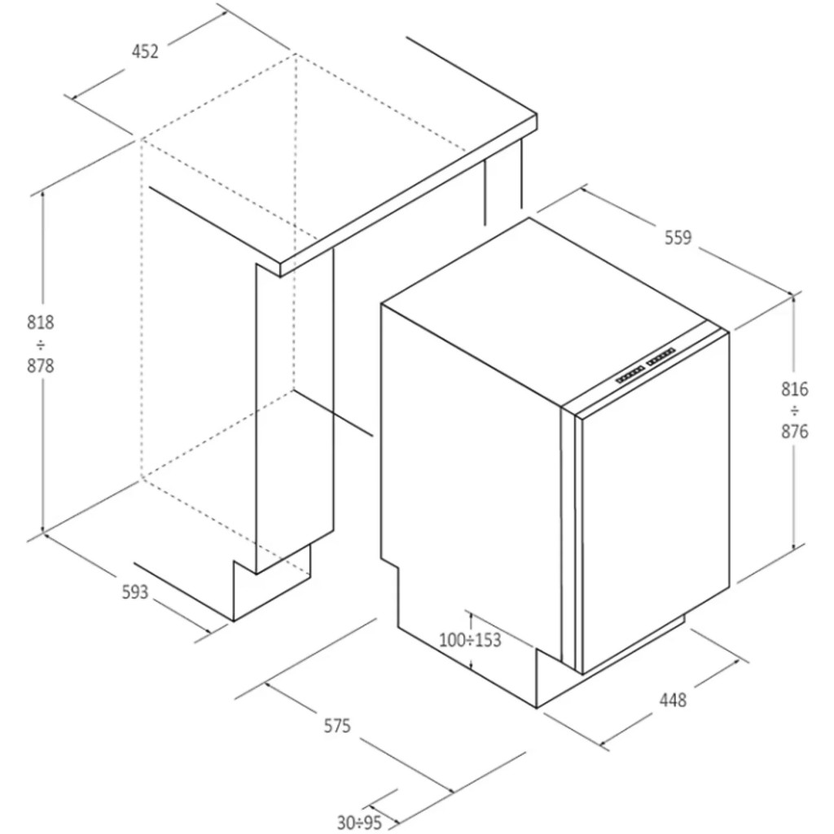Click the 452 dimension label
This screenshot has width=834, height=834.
(145, 51)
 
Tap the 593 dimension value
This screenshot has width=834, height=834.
(135, 592)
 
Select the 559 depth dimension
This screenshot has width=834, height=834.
(678, 237)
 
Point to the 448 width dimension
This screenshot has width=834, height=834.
(673, 700)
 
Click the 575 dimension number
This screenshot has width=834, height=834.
(338, 726)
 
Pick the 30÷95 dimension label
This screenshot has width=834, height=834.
(359, 823)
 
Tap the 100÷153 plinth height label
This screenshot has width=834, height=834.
(470, 639)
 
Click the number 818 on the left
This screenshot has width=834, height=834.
(41, 323)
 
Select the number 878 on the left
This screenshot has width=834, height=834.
(41, 366)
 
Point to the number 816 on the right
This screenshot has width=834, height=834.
(795, 389)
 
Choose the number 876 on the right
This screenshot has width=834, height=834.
(795, 432)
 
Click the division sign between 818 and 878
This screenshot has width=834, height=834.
(41, 345)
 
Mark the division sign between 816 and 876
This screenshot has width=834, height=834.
(795, 410)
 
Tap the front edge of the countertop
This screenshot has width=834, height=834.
(409, 195)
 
